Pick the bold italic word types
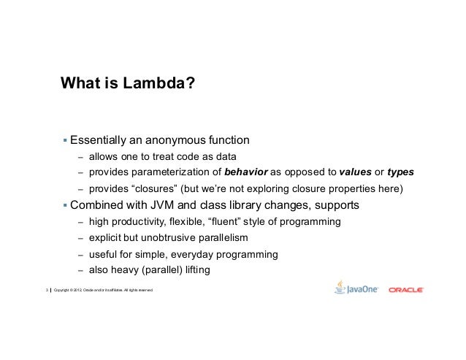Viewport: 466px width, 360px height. point(400,172)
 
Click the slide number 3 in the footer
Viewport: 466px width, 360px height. point(46,291)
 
